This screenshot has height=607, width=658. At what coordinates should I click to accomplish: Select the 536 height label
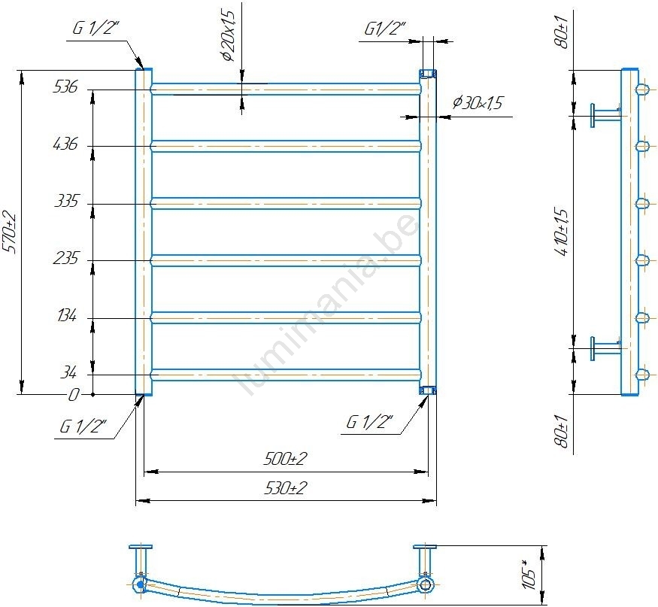tap(65, 87)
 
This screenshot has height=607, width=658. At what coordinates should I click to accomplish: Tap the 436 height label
tap(65, 144)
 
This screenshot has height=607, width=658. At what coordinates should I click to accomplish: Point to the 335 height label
tap(66, 201)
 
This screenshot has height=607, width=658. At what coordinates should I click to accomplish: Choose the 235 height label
tap(65, 258)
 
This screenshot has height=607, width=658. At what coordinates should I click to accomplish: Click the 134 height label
tap(67, 315)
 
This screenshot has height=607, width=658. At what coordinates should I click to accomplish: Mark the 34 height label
tap(68, 372)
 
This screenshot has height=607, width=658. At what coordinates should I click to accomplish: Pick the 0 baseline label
tap(74, 395)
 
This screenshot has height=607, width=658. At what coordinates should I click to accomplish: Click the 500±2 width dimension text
tap(285, 458)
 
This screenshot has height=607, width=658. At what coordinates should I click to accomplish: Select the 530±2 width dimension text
tap(286, 488)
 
